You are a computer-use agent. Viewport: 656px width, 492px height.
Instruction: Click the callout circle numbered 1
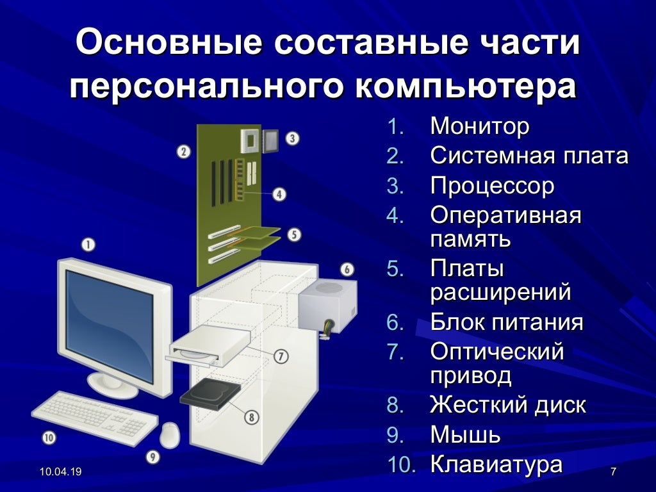coord(88,244)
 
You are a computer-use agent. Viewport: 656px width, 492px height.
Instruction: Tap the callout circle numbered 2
coord(184,152)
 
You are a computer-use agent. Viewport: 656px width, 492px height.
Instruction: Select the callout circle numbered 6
coord(347,270)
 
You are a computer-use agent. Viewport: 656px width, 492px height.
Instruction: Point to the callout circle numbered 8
coord(251,417)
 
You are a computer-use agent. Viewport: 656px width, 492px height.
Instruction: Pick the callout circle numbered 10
coord(49,438)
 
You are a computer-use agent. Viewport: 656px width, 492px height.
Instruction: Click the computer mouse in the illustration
coord(170,435)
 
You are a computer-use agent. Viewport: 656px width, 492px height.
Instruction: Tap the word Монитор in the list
coord(480,126)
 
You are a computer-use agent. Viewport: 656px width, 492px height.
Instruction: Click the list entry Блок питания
coord(507,322)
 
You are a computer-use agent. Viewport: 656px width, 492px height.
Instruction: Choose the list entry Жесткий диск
coord(508,405)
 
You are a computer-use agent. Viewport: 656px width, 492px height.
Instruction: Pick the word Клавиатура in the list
coord(496,464)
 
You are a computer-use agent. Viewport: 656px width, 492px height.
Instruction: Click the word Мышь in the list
coord(466,435)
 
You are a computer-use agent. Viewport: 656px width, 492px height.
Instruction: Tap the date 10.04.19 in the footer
coord(61,472)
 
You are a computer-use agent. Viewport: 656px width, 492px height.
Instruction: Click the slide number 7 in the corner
coord(613,472)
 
